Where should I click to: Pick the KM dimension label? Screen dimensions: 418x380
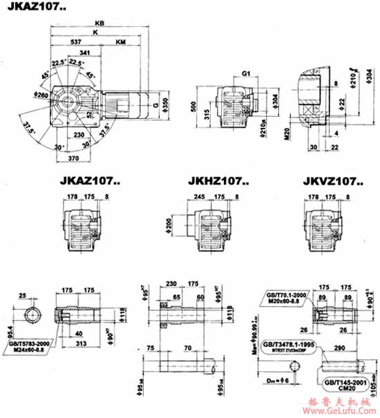click(121, 42)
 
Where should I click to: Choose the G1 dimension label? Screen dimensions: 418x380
click(247, 72)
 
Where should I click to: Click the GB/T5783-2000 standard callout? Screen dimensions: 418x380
click(30, 343)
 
